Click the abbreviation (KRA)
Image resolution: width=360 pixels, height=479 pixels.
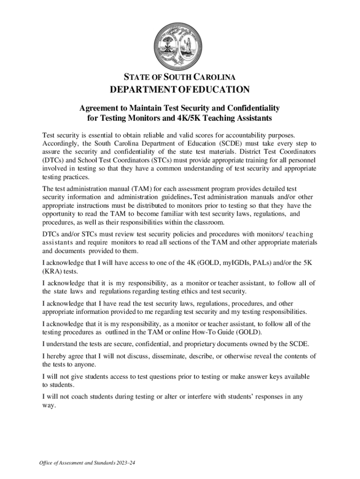pos(52,271)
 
